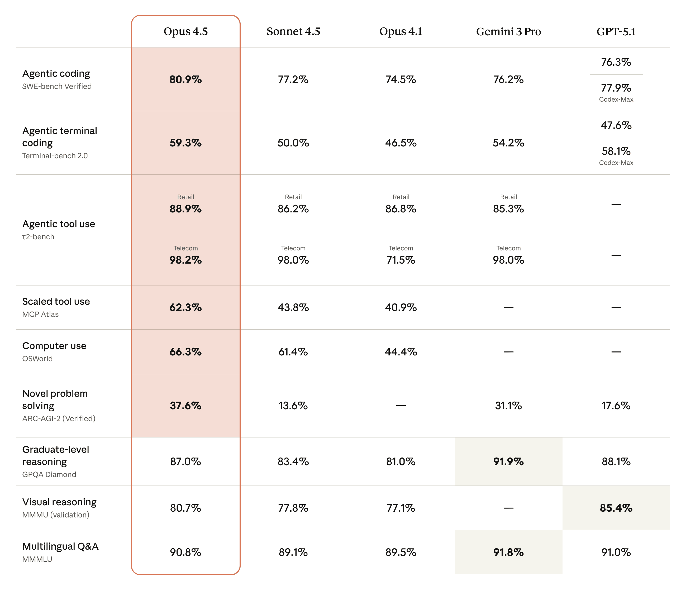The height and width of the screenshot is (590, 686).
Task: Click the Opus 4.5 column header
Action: [185, 31]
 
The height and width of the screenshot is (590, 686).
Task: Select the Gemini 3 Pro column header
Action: [508, 31]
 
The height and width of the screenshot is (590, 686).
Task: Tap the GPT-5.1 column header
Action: [616, 31]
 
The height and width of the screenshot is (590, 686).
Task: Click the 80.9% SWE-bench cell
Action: [185, 79]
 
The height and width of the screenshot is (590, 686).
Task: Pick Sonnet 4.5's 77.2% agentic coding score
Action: [293, 79]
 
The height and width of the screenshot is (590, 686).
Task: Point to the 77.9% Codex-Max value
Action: [616, 88]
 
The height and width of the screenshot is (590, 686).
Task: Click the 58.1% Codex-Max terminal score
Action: [616, 151]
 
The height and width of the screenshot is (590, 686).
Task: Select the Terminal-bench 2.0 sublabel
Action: [55, 156]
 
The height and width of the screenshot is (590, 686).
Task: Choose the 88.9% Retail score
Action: [185, 209]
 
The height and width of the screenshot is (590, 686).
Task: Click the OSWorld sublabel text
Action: [37, 359]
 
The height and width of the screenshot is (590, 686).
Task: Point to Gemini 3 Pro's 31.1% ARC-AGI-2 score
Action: [508, 406]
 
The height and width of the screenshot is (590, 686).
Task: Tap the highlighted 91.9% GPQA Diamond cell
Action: [508, 461]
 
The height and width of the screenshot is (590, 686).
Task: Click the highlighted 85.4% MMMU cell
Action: [616, 508]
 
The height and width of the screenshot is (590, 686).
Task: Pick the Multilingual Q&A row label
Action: [60, 546]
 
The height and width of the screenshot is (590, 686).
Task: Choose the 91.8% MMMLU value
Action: [508, 552]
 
